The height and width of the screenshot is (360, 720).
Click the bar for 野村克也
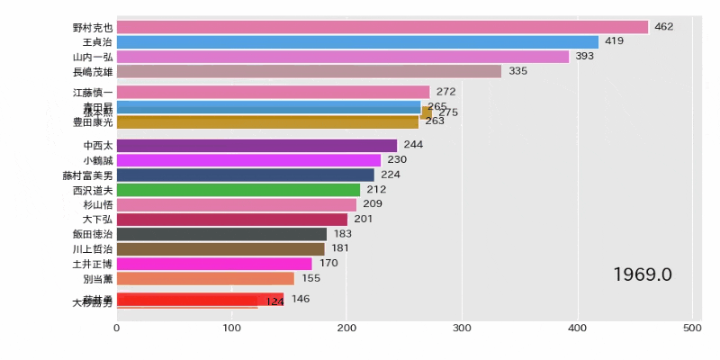(382, 27)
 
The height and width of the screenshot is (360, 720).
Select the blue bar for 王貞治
(357, 41)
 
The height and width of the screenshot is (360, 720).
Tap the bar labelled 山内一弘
(343, 56)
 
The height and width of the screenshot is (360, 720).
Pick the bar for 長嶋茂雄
(309, 71)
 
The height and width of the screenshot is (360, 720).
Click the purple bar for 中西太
(256, 145)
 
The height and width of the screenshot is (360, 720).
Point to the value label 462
(664, 27)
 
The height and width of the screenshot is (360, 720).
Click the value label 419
(615, 41)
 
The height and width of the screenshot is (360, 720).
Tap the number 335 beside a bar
(517, 71)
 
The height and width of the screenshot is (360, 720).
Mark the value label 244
(413, 145)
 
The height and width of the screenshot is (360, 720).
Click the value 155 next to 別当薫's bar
(310, 279)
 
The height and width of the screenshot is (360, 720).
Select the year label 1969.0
(643, 274)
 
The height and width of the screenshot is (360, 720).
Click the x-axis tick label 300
(463, 328)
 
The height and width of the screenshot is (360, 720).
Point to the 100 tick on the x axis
(232, 328)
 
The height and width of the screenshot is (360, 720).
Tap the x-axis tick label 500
(692, 328)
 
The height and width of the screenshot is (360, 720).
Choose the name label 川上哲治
(93, 249)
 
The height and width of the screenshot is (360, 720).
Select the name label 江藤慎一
(93, 92)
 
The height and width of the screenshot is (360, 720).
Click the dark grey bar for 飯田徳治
(221, 234)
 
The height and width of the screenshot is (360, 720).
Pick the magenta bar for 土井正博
(214, 264)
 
